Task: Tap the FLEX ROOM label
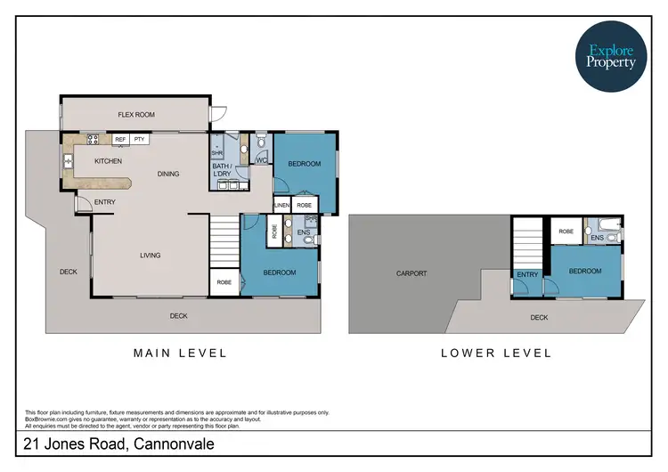[x=137, y=115]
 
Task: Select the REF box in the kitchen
[x=120, y=139]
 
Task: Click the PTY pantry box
[x=139, y=139]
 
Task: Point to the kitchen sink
[x=69, y=161]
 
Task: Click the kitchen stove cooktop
[x=93, y=139]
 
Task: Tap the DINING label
[x=168, y=174]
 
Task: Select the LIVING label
[x=150, y=256]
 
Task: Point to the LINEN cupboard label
[x=282, y=205]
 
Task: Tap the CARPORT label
[x=411, y=273]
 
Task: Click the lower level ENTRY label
[x=527, y=274]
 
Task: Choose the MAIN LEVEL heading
[x=180, y=353]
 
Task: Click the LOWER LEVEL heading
[x=496, y=353]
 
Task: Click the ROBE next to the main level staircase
[x=224, y=282]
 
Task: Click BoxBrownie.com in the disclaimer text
[x=45, y=419]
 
